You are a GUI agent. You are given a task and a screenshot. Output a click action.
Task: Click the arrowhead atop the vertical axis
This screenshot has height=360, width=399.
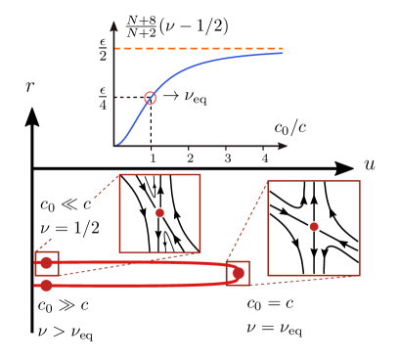click(113, 24)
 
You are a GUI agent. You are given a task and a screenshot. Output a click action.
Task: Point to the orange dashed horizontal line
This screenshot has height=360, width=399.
click(196, 48)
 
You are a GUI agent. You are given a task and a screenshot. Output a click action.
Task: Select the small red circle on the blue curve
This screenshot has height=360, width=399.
click(150, 98)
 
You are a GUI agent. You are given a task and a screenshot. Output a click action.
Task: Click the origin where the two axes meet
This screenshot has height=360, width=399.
click(113, 146)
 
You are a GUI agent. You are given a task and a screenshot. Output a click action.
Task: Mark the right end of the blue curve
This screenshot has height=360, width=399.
click(282, 53)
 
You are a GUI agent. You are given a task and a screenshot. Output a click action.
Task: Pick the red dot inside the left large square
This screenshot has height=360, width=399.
click(159, 212)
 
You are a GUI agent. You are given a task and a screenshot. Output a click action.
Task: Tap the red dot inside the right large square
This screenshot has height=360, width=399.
click(314, 226)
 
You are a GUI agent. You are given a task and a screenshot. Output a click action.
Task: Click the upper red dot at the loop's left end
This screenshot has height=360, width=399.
click(46, 262)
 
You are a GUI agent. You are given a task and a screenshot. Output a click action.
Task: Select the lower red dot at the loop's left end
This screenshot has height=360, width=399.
click(46, 285)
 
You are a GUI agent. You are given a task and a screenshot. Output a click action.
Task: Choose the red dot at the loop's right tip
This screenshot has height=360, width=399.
click(238, 273)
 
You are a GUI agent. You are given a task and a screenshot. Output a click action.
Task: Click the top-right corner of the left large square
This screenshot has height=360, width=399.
click(199, 175)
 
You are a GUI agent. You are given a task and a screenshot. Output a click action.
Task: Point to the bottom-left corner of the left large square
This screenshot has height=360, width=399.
click(119, 252)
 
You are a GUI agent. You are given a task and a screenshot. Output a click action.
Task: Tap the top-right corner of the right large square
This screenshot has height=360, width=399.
click(359, 181)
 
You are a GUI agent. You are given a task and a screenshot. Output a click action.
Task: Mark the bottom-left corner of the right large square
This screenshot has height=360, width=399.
click(268, 275)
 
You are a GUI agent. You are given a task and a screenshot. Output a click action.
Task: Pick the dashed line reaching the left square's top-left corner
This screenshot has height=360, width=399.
click(106, 187)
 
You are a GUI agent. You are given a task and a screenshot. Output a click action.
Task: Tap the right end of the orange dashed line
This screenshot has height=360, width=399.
click(281, 48)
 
